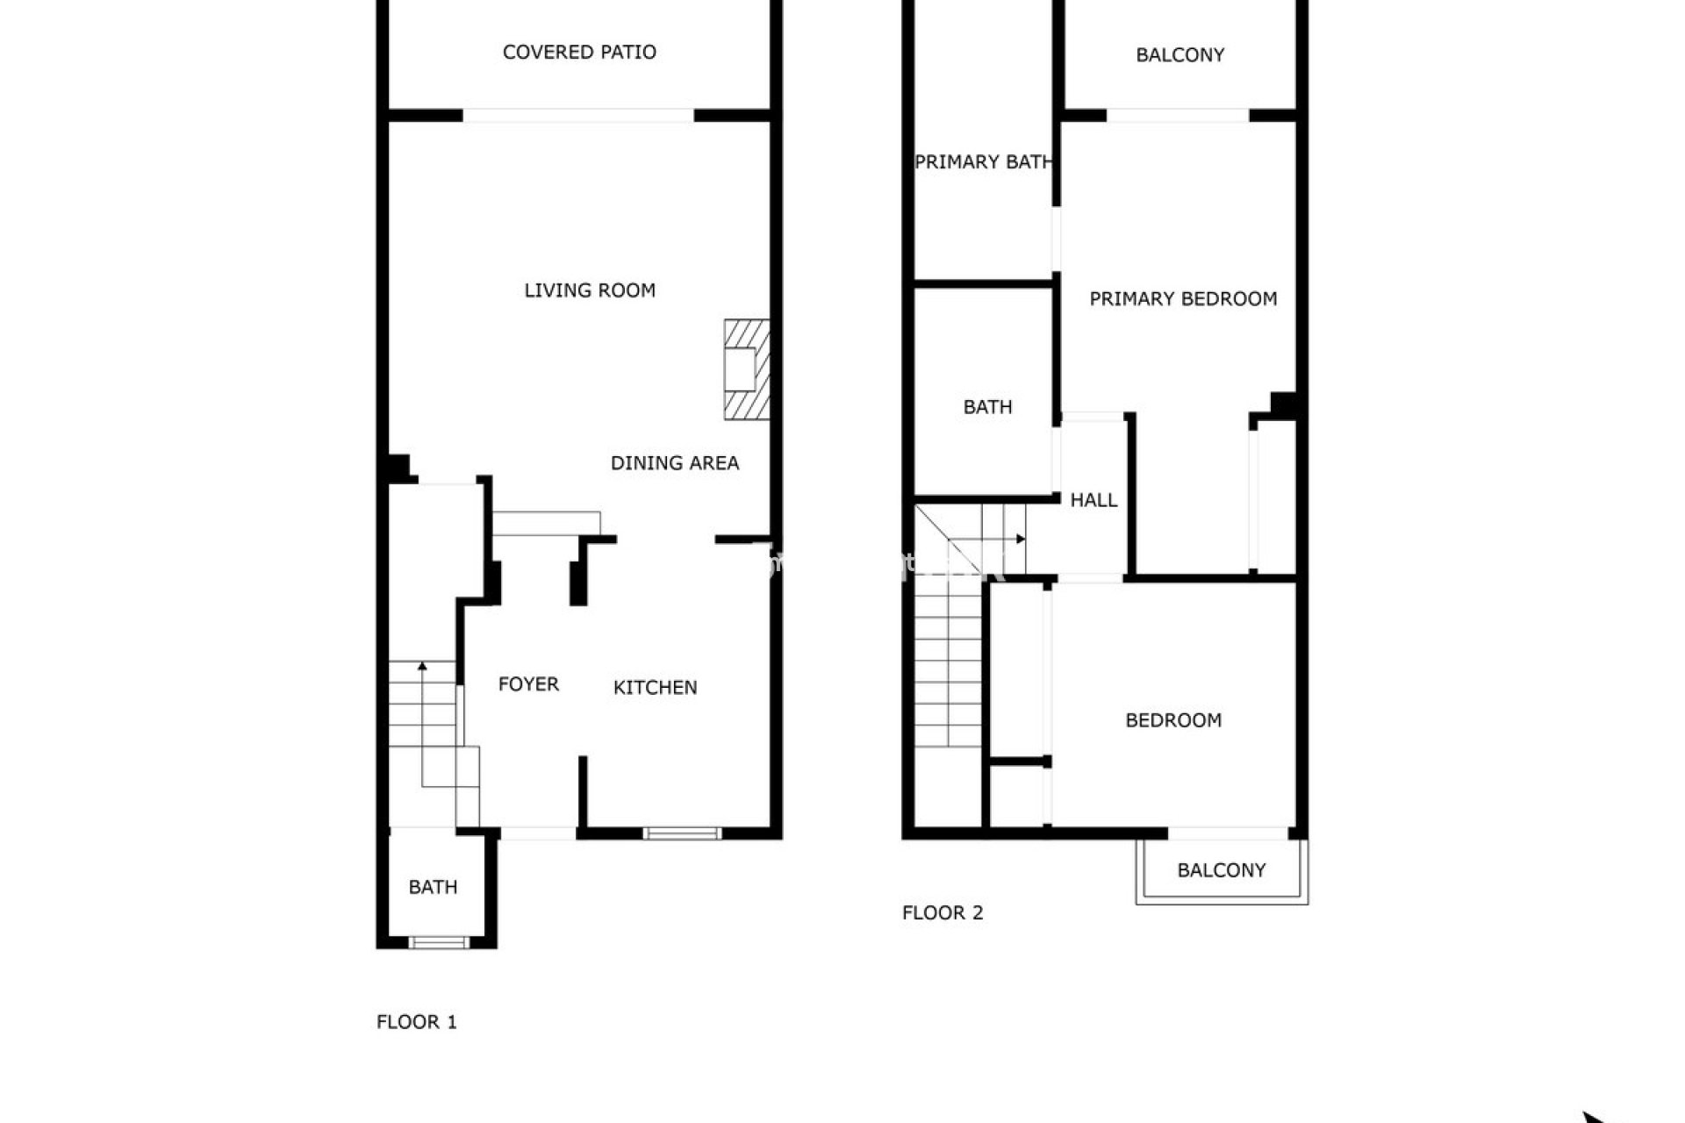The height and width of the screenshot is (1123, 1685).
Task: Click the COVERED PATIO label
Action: tap(579, 53)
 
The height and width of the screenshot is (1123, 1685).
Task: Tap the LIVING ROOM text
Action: tap(590, 290)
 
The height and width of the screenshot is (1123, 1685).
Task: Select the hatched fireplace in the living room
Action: tap(747, 369)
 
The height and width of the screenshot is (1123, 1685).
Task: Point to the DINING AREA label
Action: tap(675, 463)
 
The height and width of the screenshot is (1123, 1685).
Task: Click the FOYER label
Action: tap(528, 684)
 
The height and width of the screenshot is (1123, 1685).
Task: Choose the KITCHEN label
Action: tap(655, 688)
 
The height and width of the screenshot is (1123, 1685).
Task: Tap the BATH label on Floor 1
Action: tap(433, 887)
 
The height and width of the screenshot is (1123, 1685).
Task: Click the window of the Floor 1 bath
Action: tap(439, 943)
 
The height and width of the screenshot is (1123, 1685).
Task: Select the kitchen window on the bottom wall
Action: tap(682, 833)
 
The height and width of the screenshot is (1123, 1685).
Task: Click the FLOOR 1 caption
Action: tap(417, 1022)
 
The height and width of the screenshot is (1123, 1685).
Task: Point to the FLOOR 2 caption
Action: tap(943, 912)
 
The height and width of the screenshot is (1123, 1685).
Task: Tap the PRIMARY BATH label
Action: tap(983, 162)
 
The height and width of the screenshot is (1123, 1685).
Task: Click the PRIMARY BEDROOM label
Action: tap(1183, 299)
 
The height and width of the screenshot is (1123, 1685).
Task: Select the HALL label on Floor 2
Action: tap(1093, 500)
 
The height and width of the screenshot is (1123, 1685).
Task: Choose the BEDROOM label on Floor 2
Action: tap(1173, 720)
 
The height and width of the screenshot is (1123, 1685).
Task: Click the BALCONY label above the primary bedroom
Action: tap(1179, 55)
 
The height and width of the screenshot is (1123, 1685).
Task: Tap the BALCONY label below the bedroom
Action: tap(1221, 870)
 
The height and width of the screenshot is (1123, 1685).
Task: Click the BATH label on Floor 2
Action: tap(987, 407)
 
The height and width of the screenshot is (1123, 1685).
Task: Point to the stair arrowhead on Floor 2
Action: tap(1022, 539)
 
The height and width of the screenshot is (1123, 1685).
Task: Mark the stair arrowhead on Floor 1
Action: tap(422, 666)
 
